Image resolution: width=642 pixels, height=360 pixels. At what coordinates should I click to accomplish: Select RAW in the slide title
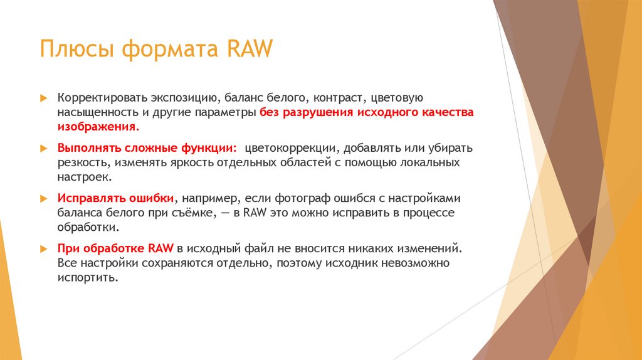point(250,49)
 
